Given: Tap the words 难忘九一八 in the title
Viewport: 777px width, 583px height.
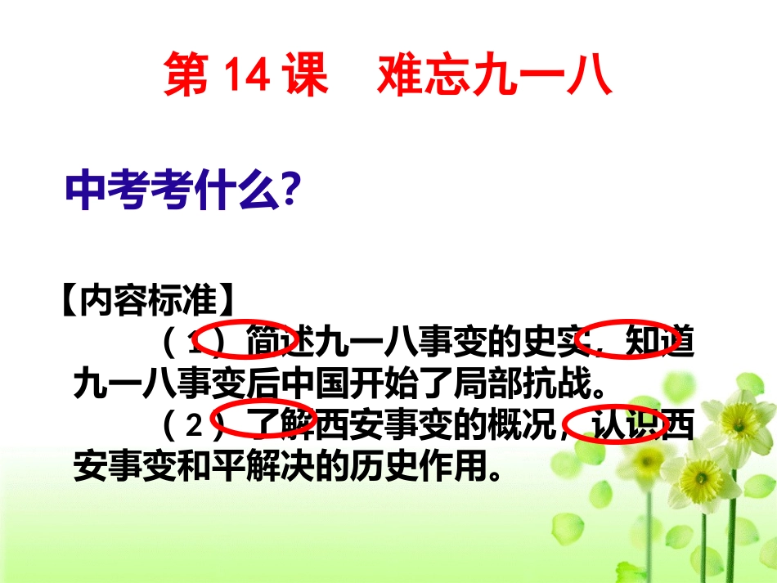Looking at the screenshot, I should point(496,76).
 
